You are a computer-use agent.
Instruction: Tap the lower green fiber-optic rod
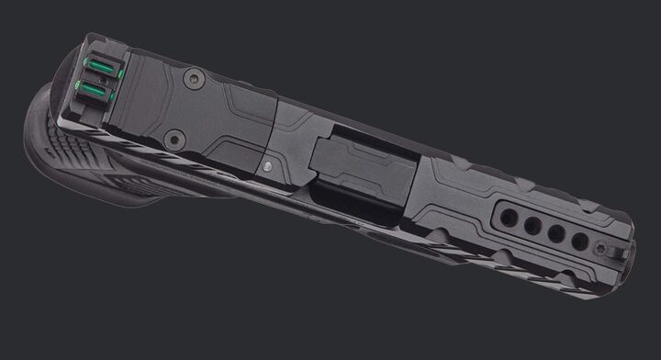(92, 88)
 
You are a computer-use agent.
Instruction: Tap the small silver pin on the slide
(266, 166)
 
